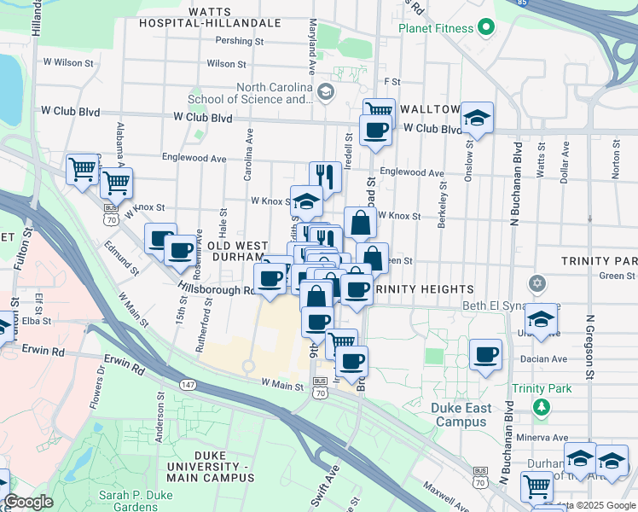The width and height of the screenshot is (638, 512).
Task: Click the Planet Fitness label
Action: [435, 28]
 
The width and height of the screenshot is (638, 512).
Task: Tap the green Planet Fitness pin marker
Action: [486, 27]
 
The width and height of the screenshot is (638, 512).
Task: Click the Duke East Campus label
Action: [461, 415]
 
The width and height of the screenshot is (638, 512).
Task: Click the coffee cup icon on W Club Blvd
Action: [374, 130]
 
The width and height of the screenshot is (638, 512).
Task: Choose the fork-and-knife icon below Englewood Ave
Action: [325, 176]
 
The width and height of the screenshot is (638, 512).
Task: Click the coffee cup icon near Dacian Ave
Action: [485, 353]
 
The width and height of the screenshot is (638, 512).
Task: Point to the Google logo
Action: [28, 502]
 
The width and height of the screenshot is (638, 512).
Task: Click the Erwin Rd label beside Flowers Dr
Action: [125, 365]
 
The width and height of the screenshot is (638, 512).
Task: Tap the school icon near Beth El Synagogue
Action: [540, 318]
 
